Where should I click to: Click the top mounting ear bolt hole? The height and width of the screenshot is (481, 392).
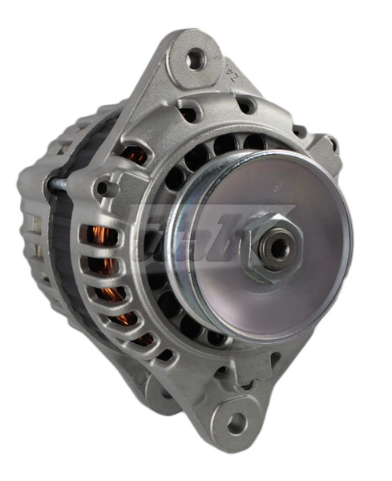(x=195, y=59)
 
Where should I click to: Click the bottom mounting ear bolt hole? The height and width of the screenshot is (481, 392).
(x=237, y=422)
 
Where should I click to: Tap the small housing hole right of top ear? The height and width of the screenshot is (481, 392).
(x=247, y=105)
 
